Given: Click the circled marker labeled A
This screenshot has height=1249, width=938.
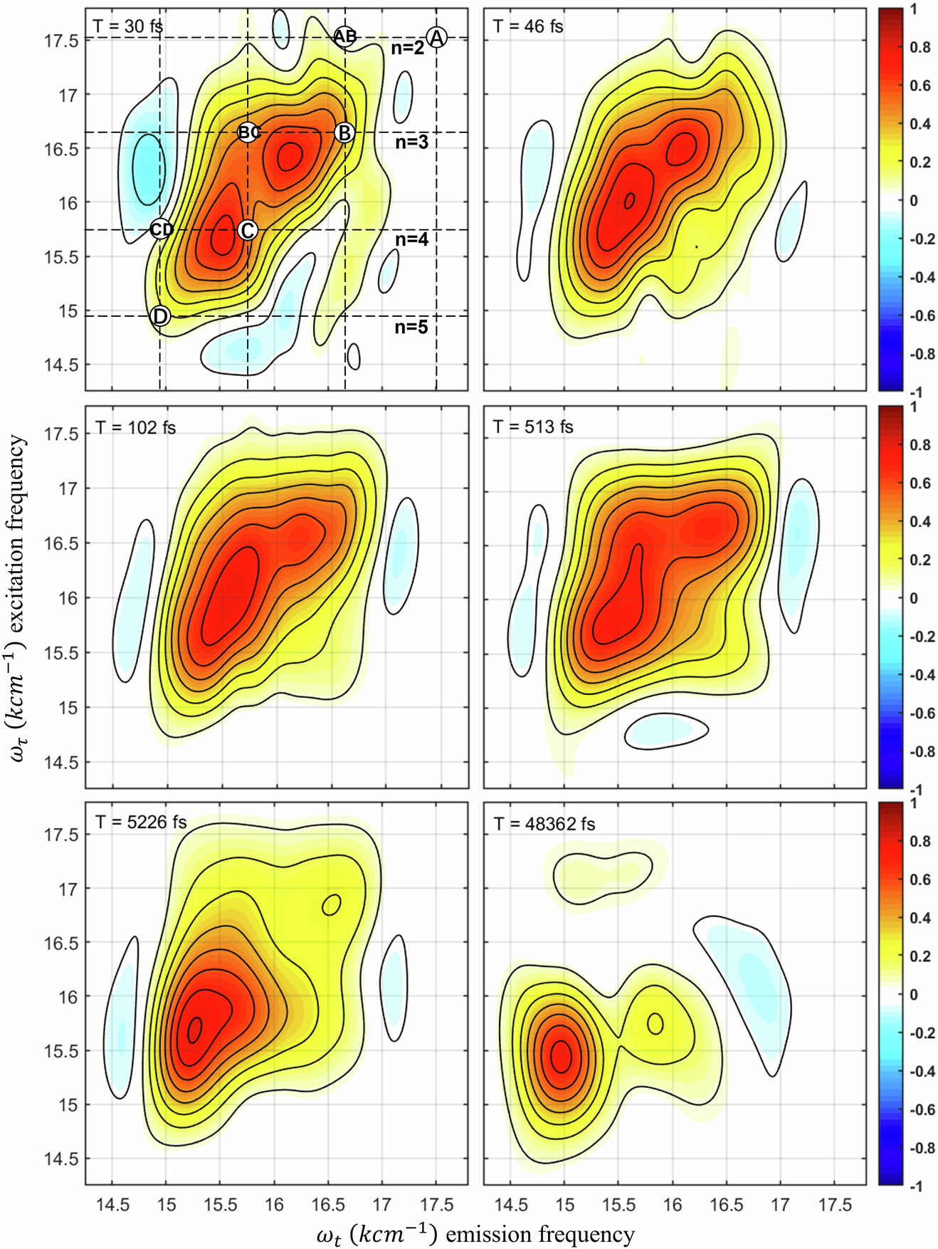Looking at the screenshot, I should point(436,37).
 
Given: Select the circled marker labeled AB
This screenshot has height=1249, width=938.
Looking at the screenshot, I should point(345,36).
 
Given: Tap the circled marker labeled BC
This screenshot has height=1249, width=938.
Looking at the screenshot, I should point(248,132).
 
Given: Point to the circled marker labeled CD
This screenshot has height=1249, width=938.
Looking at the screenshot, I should point(161,229).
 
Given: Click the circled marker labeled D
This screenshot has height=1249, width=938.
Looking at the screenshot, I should point(161,316).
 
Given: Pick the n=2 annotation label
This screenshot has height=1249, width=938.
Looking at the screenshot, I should point(408,48).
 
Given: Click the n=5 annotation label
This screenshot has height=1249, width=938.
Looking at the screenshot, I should point(411,327).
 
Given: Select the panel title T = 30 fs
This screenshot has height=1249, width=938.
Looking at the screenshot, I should point(128,26).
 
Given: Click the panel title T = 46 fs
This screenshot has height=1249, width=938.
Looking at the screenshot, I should point(528,26).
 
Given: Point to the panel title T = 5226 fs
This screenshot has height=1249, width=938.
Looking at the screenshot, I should point(141,822).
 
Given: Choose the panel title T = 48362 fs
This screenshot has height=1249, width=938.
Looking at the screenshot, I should point(544,824).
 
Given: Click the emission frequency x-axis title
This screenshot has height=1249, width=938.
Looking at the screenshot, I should point(475,1234).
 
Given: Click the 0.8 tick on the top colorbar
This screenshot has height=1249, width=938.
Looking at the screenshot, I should point(920,48).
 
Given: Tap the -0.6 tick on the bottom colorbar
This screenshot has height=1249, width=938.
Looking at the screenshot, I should point(923,1109).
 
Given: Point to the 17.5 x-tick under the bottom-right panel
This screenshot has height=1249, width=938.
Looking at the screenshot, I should point(835,1205).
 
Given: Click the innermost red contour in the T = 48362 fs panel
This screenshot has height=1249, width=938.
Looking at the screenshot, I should point(562,1056).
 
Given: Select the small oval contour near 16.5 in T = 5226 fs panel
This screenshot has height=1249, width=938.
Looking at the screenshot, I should point(332,905).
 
